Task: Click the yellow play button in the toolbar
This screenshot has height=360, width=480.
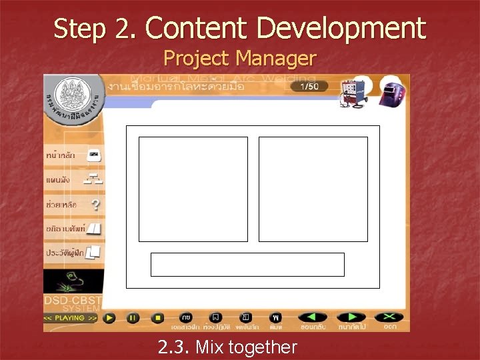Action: pos(109,318)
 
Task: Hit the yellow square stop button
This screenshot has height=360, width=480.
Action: pos(157,318)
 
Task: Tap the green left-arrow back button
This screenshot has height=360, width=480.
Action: pos(312,317)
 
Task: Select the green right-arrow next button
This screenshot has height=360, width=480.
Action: pos(351,317)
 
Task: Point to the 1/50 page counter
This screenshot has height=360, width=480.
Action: pos(310,87)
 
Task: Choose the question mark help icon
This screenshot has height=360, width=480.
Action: pos(96,205)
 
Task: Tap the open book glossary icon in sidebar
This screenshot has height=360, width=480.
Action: pos(94,229)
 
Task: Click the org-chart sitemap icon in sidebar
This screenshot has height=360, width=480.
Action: pos(93,179)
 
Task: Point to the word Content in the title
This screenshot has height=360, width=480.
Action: pos(197,29)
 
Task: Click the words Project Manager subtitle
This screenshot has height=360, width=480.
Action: pos(239,59)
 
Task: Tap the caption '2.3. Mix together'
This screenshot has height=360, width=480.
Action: pos(227,347)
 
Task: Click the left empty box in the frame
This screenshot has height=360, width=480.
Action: pos(193,189)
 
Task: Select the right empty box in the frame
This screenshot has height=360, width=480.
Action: pos(313,189)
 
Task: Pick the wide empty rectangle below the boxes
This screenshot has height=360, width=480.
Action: pos(247,264)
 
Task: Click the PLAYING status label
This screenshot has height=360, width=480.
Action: pos(71,319)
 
